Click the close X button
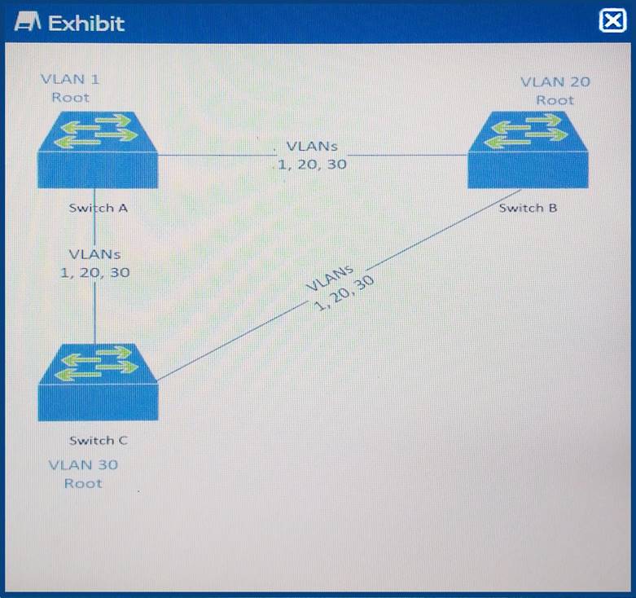612,21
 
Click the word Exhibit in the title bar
86,23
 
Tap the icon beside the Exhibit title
27,22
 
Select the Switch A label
99,208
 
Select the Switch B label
528,208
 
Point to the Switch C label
99,440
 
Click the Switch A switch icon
98,150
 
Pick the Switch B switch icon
529,150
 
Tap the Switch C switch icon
98,383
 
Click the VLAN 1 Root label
71,89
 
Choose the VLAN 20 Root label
555,91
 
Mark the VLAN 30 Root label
83,474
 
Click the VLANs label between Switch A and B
312,156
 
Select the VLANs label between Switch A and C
95,263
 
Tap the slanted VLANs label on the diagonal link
340,288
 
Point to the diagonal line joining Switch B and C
339,285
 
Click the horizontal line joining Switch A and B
313,155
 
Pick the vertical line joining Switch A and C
95,266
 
